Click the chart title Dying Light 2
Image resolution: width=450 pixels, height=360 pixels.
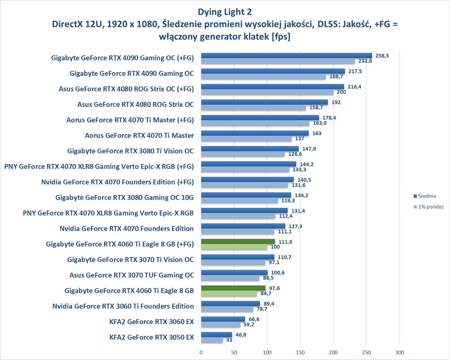click(x=225, y=12)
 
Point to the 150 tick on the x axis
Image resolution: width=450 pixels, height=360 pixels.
click(x=300, y=352)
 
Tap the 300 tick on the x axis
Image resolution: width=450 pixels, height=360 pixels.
click(x=399, y=352)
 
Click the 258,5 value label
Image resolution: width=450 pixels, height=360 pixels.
click(x=382, y=56)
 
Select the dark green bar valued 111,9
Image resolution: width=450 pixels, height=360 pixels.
click(x=238, y=242)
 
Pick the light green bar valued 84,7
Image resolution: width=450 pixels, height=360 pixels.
click(x=229, y=293)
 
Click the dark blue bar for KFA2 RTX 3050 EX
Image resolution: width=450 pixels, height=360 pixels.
click(x=216, y=335)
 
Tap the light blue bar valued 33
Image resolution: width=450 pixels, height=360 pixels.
click(x=212, y=340)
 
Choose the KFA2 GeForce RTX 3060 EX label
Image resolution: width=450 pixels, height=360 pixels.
click(x=151, y=322)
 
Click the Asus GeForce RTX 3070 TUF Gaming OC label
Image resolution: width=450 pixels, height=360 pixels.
click(x=132, y=275)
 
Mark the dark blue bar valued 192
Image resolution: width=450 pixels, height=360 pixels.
click(x=264, y=102)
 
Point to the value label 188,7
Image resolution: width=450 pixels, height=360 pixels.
click(x=336, y=76)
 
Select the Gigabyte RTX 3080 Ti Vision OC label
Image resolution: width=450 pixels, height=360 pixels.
click(x=130, y=151)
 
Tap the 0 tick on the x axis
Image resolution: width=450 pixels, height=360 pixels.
click(x=201, y=352)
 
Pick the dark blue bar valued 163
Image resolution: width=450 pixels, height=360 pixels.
click(x=255, y=133)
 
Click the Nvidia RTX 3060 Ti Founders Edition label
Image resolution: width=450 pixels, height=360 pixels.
click(x=123, y=306)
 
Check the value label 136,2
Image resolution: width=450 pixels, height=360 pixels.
click(x=301, y=195)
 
